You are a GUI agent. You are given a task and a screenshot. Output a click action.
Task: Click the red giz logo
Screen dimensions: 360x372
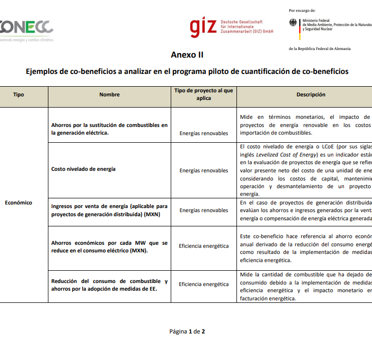click(203, 28)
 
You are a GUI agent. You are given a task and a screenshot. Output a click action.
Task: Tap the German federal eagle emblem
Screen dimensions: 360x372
click(293, 24)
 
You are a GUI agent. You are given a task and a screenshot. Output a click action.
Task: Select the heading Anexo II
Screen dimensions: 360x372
click(187, 55)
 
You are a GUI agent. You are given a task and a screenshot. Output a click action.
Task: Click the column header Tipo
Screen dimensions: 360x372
click(18, 94)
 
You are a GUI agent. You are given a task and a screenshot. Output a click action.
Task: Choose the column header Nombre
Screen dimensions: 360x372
click(110, 94)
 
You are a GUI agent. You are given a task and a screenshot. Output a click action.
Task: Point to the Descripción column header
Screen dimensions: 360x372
click(311, 94)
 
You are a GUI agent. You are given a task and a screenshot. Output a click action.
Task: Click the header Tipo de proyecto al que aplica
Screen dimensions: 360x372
click(204, 94)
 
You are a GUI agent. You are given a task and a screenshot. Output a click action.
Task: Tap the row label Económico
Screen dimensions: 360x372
click(18, 202)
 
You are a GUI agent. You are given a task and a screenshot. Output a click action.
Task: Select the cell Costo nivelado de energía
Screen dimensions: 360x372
click(84, 169)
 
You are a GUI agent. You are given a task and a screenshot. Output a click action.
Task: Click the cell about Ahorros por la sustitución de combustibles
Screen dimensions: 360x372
click(110, 129)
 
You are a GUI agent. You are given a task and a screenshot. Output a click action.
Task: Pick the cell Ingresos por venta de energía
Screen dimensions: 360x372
click(110, 210)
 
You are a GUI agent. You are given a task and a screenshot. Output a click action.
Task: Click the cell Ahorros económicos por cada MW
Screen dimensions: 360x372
click(110, 247)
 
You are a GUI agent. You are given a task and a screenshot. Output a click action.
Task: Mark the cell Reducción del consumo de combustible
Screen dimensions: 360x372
click(110, 285)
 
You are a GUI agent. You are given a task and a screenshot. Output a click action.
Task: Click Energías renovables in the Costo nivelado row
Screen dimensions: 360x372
click(204, 170)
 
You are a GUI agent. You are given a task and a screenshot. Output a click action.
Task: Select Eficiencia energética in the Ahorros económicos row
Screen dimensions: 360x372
click(204, 246)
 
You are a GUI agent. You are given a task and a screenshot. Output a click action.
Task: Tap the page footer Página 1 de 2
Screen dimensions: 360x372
click(187, 331)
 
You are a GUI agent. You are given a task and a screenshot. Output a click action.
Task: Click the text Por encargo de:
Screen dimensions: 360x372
click(302, 10)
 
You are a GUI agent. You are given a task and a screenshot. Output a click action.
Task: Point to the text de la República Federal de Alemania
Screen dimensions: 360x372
click(320, 49)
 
